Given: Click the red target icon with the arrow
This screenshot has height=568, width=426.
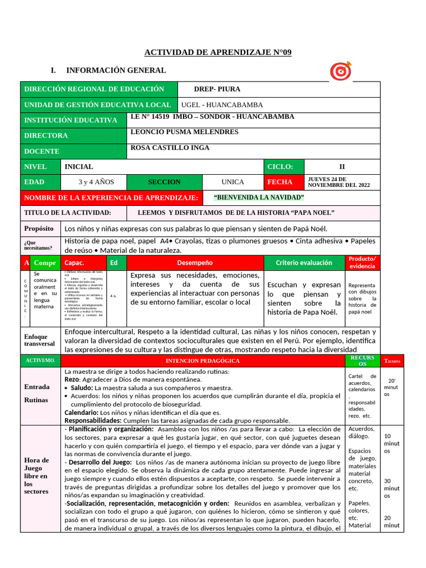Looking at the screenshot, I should pyautogui.click(x=341, y=71).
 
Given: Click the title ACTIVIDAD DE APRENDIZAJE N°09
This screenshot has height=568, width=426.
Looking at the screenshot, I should pyautogui.click(x=217, y=52).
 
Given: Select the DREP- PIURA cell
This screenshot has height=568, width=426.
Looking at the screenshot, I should pyautogui.click(x=217, y=89).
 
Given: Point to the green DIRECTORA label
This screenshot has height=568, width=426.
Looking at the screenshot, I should pyautogui.click(x=45, y=135).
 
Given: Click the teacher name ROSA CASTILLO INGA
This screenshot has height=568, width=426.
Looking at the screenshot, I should pyautogui.click(x=170, y=148).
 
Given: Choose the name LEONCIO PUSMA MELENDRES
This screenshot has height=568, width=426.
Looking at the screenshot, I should pyautogui.click(x=184, y=132).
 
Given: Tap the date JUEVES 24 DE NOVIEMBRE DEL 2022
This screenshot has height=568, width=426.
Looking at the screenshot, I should pyautogui.click(x=338, y=182).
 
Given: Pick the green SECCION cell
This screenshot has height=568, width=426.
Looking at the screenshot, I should pyautogui.click(x=164, y=182).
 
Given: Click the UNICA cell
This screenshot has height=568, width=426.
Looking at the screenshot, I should pyautogui.click(x=232, y=182).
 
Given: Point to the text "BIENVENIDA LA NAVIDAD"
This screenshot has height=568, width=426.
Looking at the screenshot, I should pyautogui.click(x=259, y=198).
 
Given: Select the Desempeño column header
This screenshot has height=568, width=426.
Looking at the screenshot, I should pyautogui.click(x=195, y=263).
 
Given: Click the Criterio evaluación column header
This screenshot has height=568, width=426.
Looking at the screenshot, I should pyautogui.click(x=304, y=263).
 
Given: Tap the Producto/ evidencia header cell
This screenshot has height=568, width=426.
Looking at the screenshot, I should pyautogui.click(x=362, y=262).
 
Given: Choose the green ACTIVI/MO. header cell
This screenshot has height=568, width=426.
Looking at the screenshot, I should pyautogui.click(x=40, y=361).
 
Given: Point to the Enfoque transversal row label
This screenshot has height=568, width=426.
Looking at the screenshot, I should pyautogui.click(x=39, y=340).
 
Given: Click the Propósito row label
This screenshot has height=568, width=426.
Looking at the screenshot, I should pyautogui.click(x=39, y=229).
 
